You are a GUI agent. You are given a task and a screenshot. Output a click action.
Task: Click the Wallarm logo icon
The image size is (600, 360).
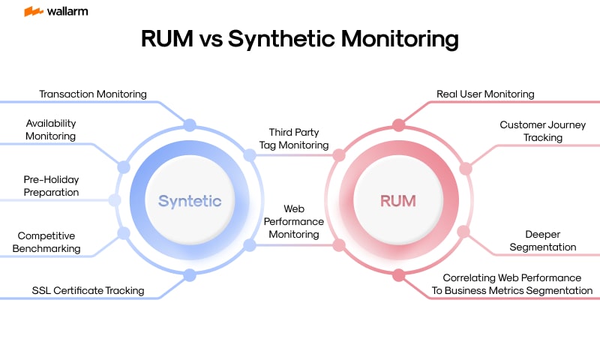32,11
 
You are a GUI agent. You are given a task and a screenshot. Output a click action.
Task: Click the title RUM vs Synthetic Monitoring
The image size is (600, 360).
300,39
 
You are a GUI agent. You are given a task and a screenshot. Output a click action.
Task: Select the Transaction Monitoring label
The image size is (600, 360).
92,94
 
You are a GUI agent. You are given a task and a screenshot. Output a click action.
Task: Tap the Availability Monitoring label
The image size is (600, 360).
51,130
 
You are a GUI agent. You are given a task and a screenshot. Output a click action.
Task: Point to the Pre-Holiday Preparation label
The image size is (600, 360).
51,186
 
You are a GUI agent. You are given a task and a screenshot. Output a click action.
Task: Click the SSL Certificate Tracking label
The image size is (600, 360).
88,290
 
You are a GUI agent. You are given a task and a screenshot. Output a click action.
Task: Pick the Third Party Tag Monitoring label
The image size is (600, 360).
294,139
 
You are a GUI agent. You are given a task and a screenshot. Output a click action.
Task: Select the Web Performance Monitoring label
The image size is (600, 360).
293,221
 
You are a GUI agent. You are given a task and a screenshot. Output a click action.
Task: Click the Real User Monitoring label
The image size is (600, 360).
485,94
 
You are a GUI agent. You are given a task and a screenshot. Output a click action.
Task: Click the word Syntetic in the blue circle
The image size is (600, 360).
190,201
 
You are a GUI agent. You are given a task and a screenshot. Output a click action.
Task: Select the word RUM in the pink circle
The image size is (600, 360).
397,201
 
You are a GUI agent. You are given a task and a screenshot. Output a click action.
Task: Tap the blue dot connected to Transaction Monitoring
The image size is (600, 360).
190,125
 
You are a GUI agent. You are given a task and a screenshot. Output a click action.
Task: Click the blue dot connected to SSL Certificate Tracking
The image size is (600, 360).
190,275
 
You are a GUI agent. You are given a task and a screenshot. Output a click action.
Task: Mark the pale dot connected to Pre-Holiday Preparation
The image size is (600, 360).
115,200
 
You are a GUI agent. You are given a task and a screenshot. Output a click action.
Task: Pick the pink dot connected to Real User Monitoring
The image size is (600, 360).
398,125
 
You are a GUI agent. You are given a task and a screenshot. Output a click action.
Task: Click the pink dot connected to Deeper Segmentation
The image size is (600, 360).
463,232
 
